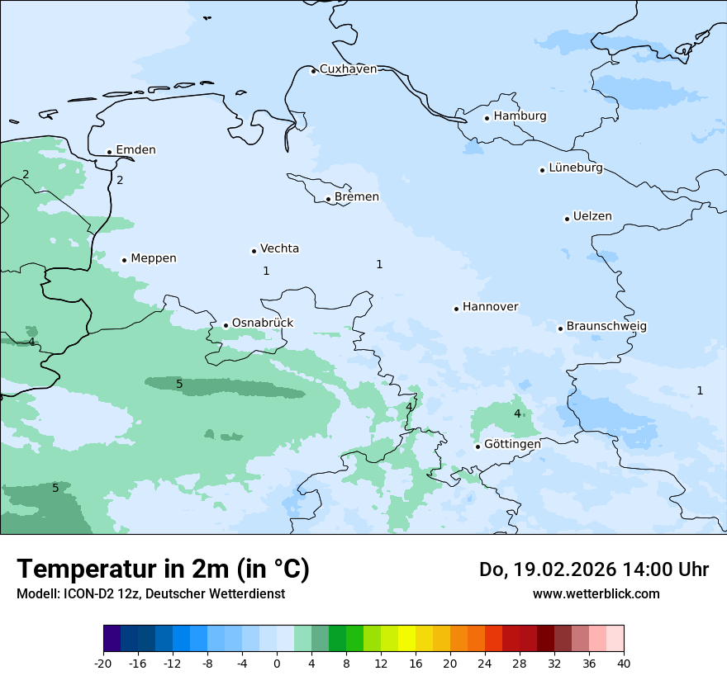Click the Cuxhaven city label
pos(348,69)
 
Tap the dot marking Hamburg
pos(487,118)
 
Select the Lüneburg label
pos(575,168)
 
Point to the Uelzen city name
pos(592,217)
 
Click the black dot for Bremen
pos(328,199)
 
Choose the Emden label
pos(135,150)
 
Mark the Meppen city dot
pos(124,260)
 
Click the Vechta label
pos(279,248)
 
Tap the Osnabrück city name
pos(262,323)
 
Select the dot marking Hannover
pos(456,309)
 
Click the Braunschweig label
pos(606,327)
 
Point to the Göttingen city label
pos(512,444)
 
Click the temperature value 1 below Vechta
pos(266,271)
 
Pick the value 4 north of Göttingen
pos(517,413)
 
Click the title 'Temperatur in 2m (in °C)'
pos(163,569)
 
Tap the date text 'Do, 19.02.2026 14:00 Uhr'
pos(594,569)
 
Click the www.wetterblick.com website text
pos(596,593)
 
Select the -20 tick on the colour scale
pos(103,664)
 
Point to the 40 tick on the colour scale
pos(624,664)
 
